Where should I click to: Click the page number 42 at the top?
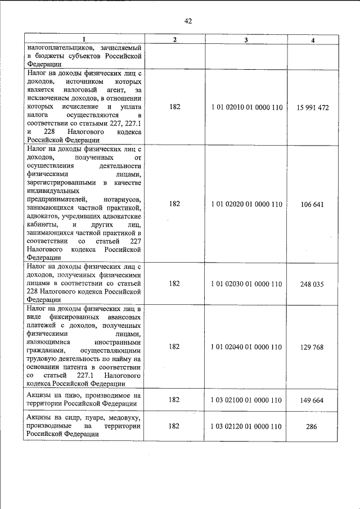click(x=188, y=21)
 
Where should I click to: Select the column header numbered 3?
click(x=246, y=39)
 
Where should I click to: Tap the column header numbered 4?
click(x=313, y=39)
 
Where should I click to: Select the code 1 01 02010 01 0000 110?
click(x=246, y=107)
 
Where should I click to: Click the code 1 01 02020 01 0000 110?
click(x=246, y=204)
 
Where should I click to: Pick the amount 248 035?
click(x=312, y=284)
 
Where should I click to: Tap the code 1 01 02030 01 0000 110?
click(x=246, y=284)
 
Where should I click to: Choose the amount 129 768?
click(x=312, y=347)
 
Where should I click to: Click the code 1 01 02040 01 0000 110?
click(x=246, y=347)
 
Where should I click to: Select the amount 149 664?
click(x=312, y=400)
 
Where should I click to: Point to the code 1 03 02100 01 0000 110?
click(x=246, y=400)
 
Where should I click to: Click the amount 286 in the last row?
click(x=312, y=426)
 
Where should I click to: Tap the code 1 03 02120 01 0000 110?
click(x=246, y=426)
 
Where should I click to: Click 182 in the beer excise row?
click(x=174, y=400)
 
